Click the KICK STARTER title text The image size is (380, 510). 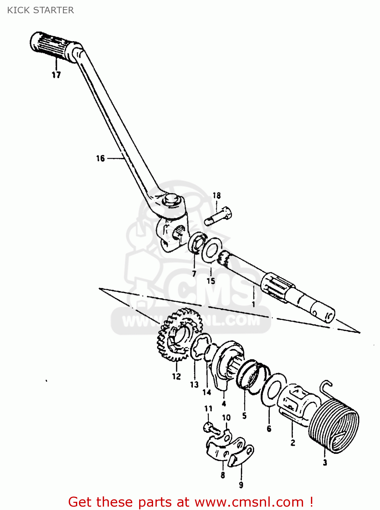coord(40,10)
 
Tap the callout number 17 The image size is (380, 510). coord(56,75)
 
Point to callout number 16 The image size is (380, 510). coord(100,158)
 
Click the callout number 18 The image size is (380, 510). coord(217,195)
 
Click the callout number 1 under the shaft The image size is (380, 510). coord(253,304)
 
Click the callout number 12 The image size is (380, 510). coord(176,376)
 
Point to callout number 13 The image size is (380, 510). coord(194,385)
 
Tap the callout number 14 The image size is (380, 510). coord(207,392)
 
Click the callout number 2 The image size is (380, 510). coord(293,443)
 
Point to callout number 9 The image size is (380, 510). coord(241,485)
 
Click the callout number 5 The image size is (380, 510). coord(244,415)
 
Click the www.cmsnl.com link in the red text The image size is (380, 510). coord(249,502)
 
